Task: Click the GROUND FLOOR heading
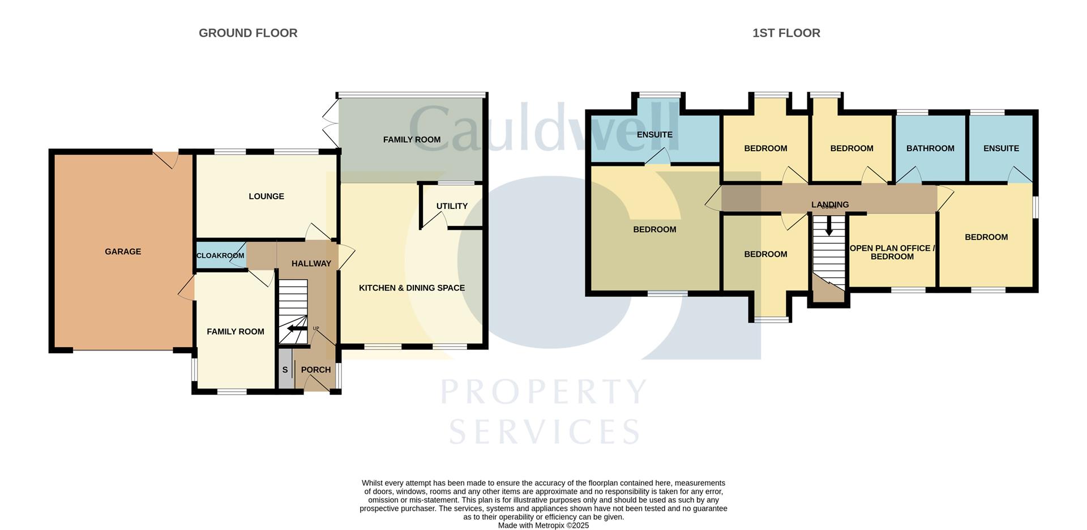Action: [248, 33]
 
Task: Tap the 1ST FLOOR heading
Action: [786, 33]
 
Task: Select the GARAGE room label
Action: [123, 251]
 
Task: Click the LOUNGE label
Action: [266, 196]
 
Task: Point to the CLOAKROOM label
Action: [220, 255]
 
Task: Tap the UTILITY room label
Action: [452, 206]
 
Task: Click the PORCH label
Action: [315, 370]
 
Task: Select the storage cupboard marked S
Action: [285, 370]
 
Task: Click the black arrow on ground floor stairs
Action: [295, 328]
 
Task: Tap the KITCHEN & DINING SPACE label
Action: [412, 288]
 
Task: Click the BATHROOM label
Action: [930, 148]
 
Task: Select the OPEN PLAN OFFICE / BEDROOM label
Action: [892, 252]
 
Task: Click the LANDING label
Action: [829, 204]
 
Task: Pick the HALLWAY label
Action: [311, 263]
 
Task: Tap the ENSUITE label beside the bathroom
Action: [1001, 148]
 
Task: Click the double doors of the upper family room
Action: [330, 123]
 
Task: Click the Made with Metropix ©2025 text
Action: [543, 525]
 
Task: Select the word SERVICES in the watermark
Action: [544, 431]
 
